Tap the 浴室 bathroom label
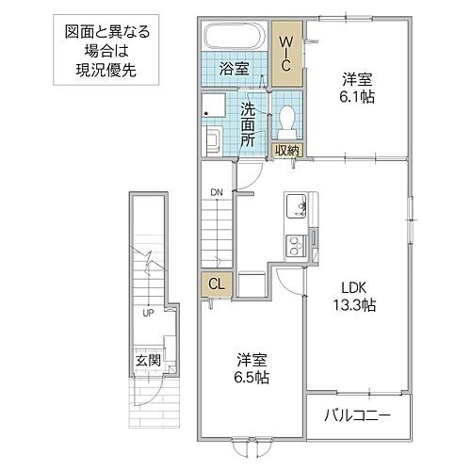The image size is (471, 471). coord(235,69)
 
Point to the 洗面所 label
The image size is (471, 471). coord(247,123)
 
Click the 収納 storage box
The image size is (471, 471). coord(287,150)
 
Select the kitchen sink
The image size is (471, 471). coord(295,203)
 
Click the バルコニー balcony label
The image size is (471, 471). coord(358,415)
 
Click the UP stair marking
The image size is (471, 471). coord(148,312)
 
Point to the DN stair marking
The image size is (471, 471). coord(217,193)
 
